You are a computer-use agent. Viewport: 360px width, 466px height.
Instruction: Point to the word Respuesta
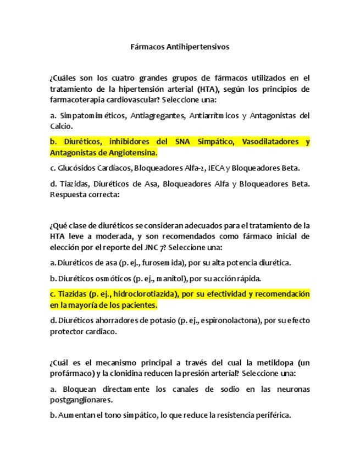68,194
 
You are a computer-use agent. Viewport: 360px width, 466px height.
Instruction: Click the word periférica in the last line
269,415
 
